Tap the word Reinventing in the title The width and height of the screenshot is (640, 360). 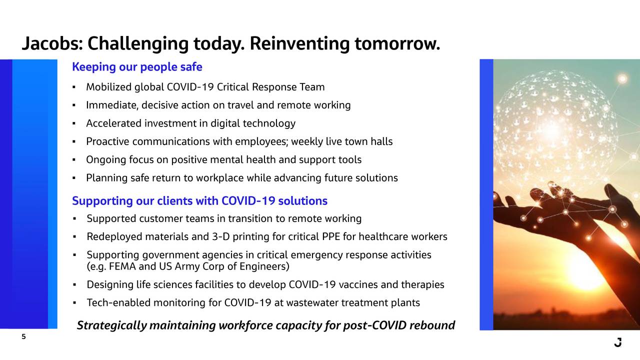(299, 43)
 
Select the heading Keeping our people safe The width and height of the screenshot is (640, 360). (137, 67)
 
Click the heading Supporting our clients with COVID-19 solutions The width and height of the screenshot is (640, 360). (199, 201)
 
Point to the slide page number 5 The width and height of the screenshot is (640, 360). (23, 336)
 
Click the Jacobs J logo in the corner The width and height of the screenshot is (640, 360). (618, 342)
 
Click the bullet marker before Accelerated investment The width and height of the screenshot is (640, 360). (74, 123)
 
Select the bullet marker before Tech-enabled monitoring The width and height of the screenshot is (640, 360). (74, 303)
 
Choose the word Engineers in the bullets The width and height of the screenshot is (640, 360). (264, 266)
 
